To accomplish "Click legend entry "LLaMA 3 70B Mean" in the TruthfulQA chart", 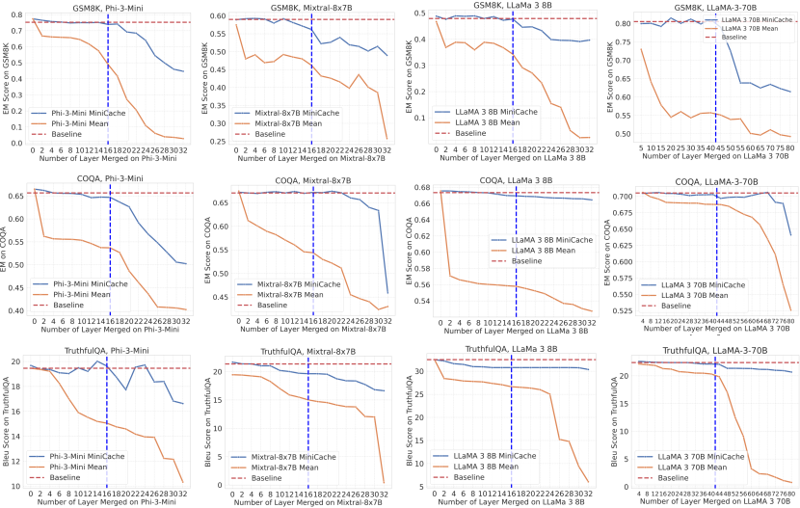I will click(x=692, y=466).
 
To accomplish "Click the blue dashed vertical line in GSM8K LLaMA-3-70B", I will click(x=715, y=77).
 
